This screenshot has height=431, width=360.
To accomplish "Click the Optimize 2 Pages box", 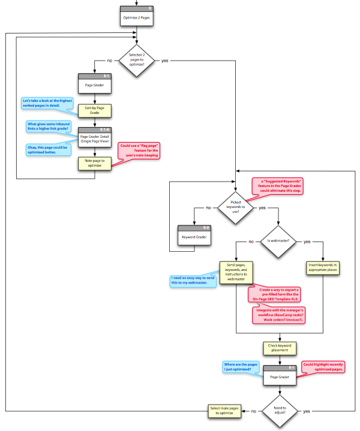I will click(x=137, y=17).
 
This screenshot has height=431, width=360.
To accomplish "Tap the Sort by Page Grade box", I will click(x=96, y=111).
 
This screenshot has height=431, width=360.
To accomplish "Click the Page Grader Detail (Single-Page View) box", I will click(x=96, y=139).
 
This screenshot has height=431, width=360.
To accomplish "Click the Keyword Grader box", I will click(x=195, y=236).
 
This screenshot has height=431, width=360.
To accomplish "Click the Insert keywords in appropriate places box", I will click(x=323, y=268).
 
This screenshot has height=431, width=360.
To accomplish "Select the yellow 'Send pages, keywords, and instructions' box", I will click(x=236, y=272).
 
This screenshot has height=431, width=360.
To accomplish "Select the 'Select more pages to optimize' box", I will click(x=224, y=411).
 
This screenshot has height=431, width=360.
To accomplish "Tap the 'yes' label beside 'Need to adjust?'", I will click(x=307, y=411).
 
